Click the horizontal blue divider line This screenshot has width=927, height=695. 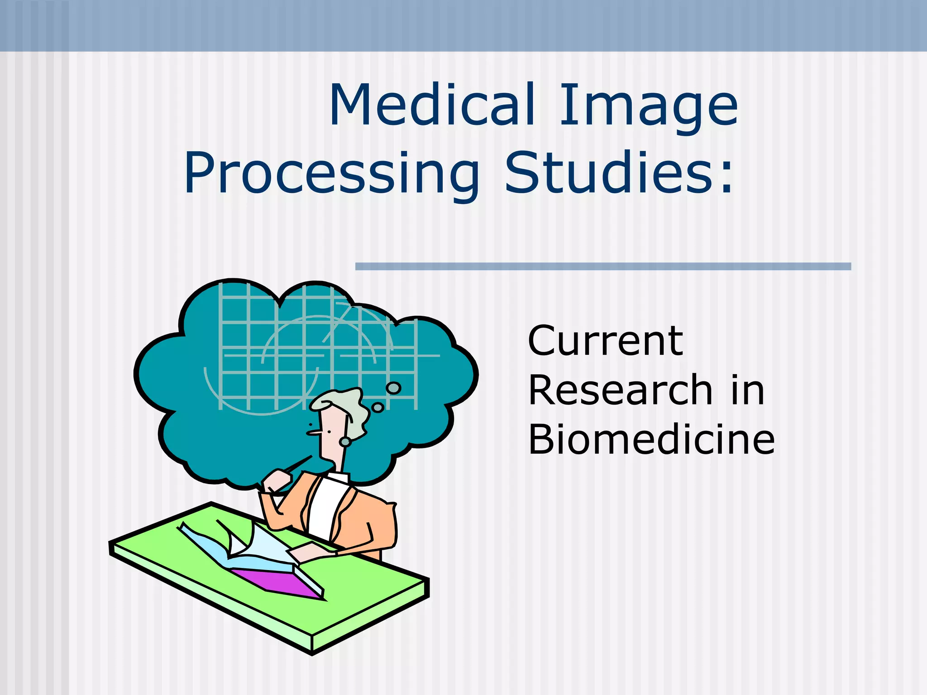tap(603, 267)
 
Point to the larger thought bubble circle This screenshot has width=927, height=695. tap(393, 388)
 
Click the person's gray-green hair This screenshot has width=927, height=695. tap(349, 405)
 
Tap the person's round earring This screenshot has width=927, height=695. tap(345, 442)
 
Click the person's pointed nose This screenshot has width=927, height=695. tap(312, 433)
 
